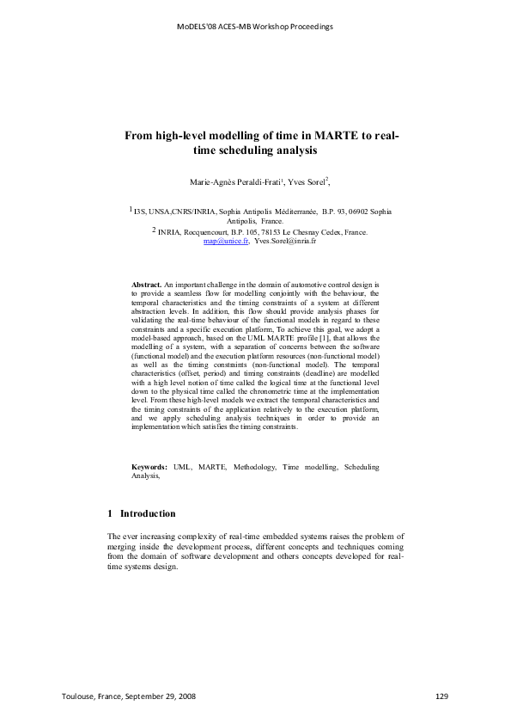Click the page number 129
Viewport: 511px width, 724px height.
[442, 696]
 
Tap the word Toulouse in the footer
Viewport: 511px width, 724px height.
[79, 696]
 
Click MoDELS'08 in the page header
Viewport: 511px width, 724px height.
[197, 26]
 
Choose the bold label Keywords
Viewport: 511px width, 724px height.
[149, 466]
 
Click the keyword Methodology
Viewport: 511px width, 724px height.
[254, 466]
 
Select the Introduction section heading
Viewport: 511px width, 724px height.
[148, 513]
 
